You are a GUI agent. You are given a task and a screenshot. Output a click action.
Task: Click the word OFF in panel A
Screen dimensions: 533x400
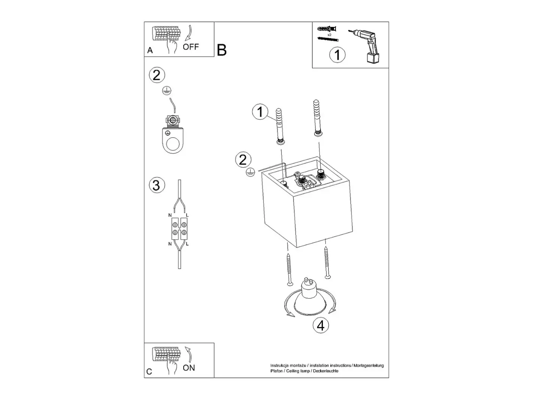click(191, 47)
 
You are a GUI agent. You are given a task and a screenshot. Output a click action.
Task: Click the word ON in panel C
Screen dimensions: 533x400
click(189, 368)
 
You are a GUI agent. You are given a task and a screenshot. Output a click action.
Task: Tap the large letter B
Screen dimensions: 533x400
click(221, 50)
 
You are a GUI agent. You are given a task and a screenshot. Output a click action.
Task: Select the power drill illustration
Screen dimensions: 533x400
click(364, 46)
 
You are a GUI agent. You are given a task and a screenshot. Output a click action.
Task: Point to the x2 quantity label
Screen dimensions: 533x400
click(329, 35)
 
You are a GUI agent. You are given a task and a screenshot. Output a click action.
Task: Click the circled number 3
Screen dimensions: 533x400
click(157, 185)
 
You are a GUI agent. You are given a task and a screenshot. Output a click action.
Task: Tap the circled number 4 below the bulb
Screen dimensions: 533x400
click(321, 325)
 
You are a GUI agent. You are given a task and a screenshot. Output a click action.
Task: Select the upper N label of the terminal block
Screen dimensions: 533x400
click(170, 215)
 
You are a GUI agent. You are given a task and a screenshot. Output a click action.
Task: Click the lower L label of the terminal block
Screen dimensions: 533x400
click(187, 244)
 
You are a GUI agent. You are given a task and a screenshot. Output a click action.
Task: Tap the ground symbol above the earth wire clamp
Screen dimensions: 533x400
click(167, 91)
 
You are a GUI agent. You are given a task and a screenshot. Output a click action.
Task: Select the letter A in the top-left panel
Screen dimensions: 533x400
click(150, 50)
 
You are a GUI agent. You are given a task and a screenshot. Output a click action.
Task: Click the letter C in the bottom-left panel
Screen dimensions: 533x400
click(149, 371)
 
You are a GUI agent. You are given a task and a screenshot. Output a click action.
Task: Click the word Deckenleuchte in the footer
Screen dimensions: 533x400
click(325, 371)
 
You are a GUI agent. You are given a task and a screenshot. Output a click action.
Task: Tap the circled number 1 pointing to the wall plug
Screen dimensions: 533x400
click(260, 112)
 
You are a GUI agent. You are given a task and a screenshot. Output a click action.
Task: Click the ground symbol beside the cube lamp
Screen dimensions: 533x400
click(250, 172)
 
